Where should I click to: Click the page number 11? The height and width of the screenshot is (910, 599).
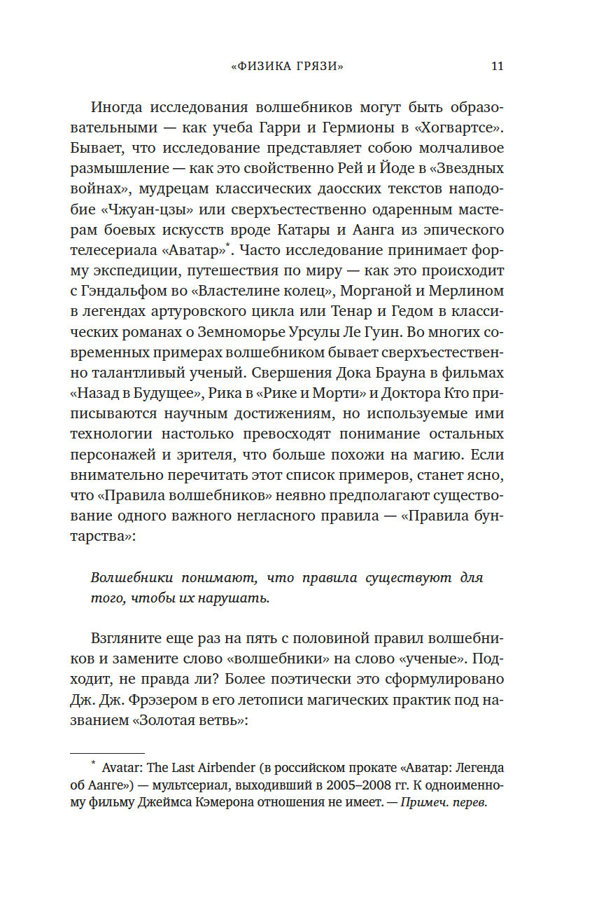pos(498,67)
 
